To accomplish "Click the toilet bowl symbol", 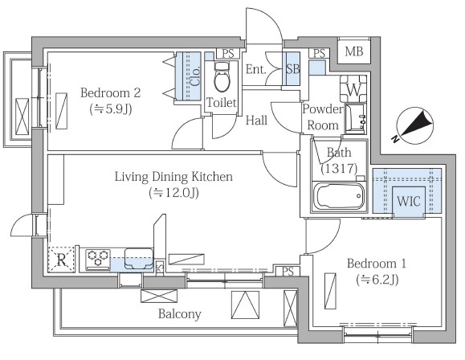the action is pos(222,77).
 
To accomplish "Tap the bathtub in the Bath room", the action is pos(339,196).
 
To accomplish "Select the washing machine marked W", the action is pos(353,88).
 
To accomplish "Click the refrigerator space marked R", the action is pos(61,260).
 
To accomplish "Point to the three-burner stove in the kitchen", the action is pos(98,260).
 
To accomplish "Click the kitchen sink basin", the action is pos(139,259).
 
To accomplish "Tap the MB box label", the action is pos(354,51).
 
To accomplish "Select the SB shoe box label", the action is pos(292,69).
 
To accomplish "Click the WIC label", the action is pos(409,201).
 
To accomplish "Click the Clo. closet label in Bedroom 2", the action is pos(196,76).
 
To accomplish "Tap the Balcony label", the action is pos(180,313).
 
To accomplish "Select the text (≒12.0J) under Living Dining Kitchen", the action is pos(173,193).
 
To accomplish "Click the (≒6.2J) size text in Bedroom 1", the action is pos(377,280).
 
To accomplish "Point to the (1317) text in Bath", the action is pos(339,168).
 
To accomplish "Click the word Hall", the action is pos(256,121).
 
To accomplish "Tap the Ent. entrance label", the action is pos(255,69).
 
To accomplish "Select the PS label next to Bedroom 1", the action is pos(288,272).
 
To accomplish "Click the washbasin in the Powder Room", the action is pos(356,119).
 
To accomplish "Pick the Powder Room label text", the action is pos(323,117).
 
